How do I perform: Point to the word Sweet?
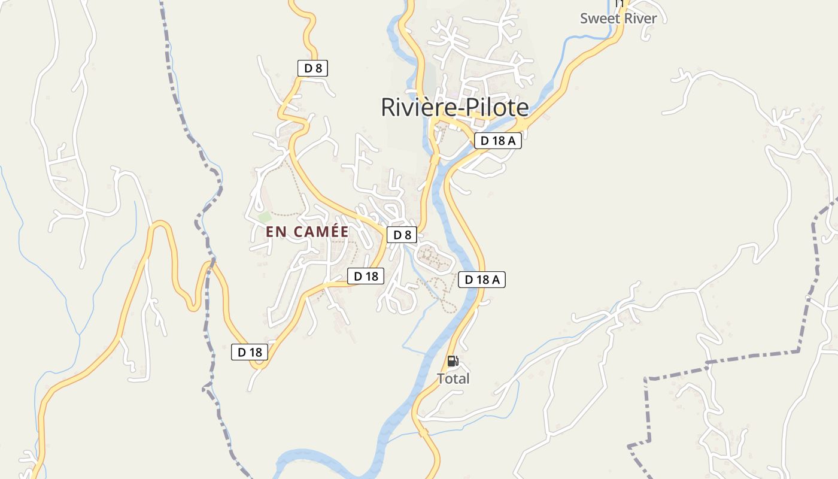click(x=600, y=19)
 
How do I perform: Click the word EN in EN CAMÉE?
click(x=277, y=232)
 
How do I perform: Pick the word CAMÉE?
click(x=320, y=232)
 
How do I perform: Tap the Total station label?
click(x=453, y=379)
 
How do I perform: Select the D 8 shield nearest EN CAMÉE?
click(x=402, y=235)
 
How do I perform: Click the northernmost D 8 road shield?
click(x=312, y=68)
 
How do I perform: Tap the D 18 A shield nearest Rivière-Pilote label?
click(x=498, y=141)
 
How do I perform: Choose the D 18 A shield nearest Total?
click(x=482, y=279)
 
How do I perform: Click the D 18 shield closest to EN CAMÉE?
click(x=366, y=276)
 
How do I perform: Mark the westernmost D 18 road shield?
click(x=250, y=352)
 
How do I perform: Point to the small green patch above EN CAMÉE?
click(x=264, y=217)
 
